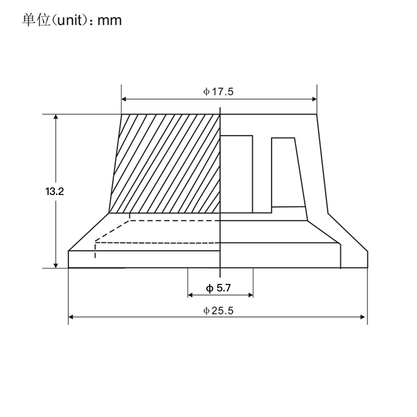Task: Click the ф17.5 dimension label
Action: click(x=218, y=92)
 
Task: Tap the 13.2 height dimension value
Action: click(x=54, y=192)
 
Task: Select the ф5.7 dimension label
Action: click(x=218, y=288)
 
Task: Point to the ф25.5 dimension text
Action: click(x=218, y=311)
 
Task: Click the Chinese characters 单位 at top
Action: click(x=36, y=20)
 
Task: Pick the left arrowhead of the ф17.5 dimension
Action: click(x=124, y=99)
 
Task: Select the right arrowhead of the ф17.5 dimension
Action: click(x=314, y=99)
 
